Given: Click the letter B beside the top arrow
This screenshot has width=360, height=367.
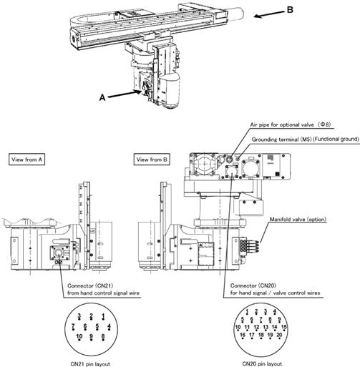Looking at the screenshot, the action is click(290, 10).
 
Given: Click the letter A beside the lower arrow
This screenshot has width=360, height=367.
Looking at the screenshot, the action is click(102, 97).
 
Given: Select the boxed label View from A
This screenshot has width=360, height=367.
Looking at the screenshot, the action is click(26, 160).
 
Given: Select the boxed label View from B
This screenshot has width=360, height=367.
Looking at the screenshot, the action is click(152, 160).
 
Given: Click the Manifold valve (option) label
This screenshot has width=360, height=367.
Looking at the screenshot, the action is click(298, 219).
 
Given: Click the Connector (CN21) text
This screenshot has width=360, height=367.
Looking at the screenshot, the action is click(90, 285).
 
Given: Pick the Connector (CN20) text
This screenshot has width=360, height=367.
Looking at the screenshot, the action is click(253, 285).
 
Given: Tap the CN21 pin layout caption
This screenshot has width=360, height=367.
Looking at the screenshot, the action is click(90, 364).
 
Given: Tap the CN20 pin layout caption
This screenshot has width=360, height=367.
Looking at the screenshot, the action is click(262, 363).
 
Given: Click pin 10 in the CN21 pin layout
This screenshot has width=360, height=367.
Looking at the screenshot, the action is click(79, 337).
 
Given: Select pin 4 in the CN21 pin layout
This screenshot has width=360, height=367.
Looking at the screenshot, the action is click(109, 326).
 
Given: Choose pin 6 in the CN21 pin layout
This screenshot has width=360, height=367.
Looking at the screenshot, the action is click(85, 326).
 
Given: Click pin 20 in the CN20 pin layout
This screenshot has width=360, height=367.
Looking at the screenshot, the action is click(279, 336).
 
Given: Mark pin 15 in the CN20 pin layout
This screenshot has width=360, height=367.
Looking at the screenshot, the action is click(284, 328).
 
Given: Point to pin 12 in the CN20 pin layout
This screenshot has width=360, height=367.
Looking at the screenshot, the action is click(256, 328).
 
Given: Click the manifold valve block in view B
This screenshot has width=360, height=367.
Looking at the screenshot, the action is click(249, 245).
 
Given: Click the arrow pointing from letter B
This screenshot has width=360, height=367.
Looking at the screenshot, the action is click(269, 14).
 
